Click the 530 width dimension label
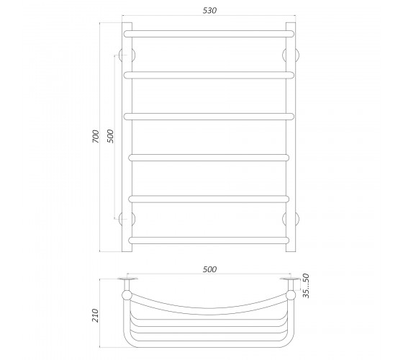209,11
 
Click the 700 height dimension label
95,137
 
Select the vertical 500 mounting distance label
109,136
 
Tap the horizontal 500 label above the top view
209,269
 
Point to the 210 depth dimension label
95,315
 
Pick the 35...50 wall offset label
306,286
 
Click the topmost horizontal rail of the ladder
209,34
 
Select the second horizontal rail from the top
209,75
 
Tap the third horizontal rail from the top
209,117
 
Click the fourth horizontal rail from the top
209,158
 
